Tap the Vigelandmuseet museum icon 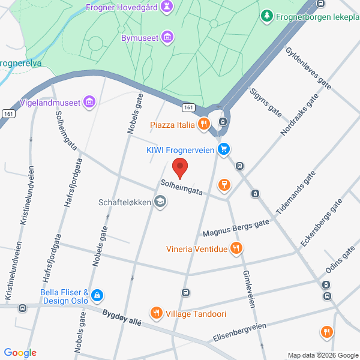(89, 103)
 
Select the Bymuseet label (140, 38)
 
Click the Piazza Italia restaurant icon (204, 124)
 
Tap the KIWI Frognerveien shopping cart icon (224, 149)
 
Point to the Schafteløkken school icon (160, 202)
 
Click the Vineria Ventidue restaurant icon (236, 248)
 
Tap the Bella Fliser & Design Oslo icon (97, 295)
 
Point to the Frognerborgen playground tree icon (267, 16)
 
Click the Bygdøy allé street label (122, 317)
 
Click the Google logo (19, 353)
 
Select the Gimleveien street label (250, 289)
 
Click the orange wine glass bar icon (224, 184)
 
